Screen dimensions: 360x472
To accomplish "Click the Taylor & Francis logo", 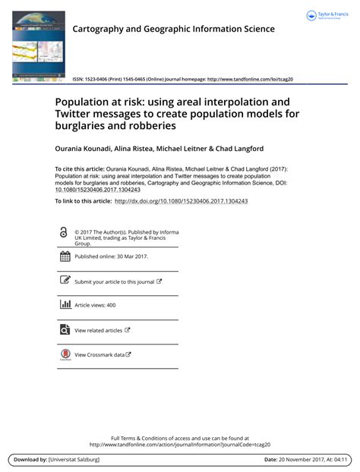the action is pos(326,16).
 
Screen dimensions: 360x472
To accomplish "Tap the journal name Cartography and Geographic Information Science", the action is pos(173,29).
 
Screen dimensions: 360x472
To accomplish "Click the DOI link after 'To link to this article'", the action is pos(181,201).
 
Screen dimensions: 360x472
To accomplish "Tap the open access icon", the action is pos(64,233).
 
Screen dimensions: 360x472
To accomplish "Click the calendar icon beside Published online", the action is pos(65,256).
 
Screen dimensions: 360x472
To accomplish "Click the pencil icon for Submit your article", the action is pos(65,281).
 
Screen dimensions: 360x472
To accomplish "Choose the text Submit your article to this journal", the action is pos(114,282).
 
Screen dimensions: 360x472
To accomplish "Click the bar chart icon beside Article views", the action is pos(65,304).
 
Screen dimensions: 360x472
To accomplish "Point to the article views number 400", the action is pos(111,305).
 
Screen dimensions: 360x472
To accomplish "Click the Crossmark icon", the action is pos(65,354).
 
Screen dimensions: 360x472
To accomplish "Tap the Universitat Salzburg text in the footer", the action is pos(80,460).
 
